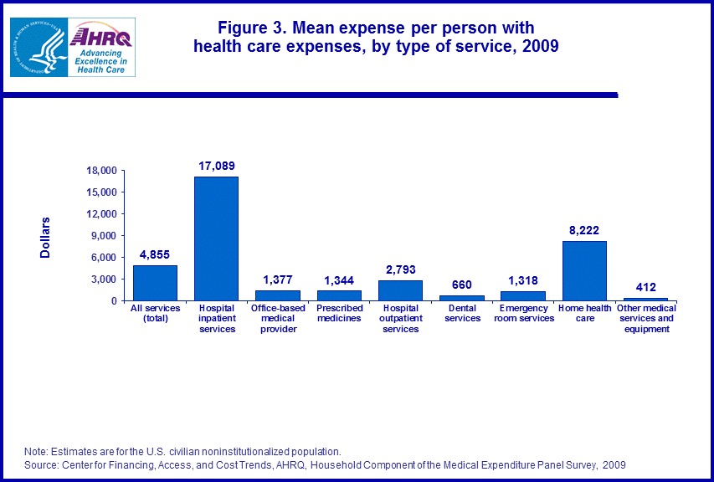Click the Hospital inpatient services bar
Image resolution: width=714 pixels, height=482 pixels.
(216, 238)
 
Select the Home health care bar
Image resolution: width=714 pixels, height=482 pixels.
(584, 270)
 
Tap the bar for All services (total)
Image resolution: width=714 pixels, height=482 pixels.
(155, 283)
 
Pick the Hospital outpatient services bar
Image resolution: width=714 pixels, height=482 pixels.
(400, 290)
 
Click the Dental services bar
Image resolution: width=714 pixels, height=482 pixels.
(462, 297)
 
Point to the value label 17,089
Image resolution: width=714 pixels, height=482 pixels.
(217, 166)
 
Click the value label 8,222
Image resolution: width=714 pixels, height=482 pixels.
(584, 230)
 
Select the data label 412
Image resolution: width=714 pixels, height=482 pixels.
(645, 288)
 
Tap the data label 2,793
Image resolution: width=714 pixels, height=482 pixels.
(401, 269)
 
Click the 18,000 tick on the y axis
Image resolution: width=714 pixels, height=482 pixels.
(102, 171)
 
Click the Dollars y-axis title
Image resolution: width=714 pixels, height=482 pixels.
(46, 237)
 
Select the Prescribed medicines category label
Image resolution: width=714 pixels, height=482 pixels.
(339, 313)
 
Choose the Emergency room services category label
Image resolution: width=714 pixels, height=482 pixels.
(523, 313)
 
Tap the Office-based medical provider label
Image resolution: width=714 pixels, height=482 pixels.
(278, 318)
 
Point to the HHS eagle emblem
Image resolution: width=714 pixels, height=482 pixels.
(39, 49)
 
